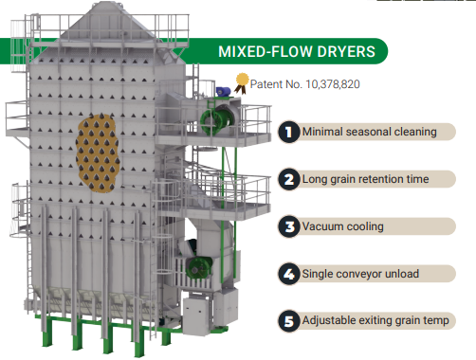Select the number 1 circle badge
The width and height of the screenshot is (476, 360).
tap(287, 132)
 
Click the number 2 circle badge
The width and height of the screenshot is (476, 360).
tap(287, 179)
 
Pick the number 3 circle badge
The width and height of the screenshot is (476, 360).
tap(287, 226)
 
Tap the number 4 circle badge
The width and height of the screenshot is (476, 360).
tap(287, 274)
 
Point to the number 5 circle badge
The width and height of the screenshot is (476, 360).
tap(287, 320)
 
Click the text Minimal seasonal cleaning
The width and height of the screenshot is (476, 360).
tap(370, 132)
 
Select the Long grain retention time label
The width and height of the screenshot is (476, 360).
tap(365, 179)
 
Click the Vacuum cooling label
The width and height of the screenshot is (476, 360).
tap(343, 226)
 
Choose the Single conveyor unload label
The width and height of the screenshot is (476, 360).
tap(361, 274)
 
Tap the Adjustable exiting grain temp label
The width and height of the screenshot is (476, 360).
tap(374, 320)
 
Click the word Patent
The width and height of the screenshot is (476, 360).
tap(267, 84)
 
